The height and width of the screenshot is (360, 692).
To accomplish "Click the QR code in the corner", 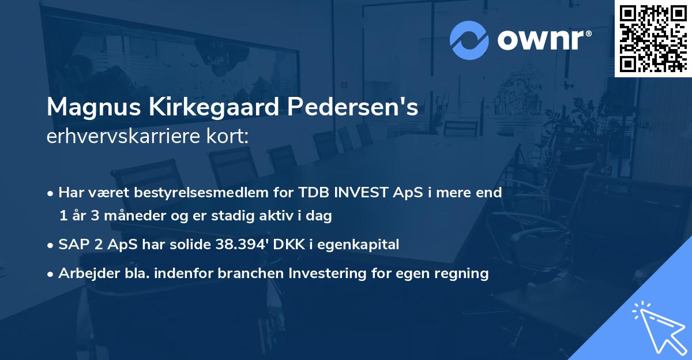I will [x=653, y=38].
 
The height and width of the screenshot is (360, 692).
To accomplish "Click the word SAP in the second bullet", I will [x=73, y=245].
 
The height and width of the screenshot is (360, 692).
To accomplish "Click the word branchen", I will [x=240, y=273].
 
